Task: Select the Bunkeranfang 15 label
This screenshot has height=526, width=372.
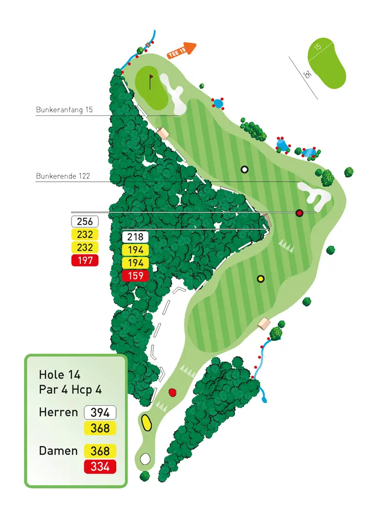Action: [64, 110]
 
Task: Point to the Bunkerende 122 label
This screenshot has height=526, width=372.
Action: [63, 176]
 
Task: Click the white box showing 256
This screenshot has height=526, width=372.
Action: [85, 222]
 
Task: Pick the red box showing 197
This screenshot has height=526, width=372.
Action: [85, 261]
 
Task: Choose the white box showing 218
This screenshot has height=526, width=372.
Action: [135, 237]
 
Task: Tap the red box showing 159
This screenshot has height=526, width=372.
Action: [135, 276]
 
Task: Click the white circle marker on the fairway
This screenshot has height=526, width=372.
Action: [245, 169]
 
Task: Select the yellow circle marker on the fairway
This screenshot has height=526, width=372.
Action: [261, 279]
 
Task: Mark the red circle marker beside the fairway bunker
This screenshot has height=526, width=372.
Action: [300, 213]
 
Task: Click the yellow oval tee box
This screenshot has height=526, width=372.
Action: [146, 423]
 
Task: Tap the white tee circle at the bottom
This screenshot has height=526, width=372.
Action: [145, 459]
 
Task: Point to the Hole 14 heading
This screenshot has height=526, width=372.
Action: [59, 375]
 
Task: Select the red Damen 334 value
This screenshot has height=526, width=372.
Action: [100, 467]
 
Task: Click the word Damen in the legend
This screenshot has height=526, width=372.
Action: [58, 451]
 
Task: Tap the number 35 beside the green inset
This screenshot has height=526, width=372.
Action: [306, 75]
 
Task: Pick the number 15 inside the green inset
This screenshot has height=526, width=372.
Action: [318, 47]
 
